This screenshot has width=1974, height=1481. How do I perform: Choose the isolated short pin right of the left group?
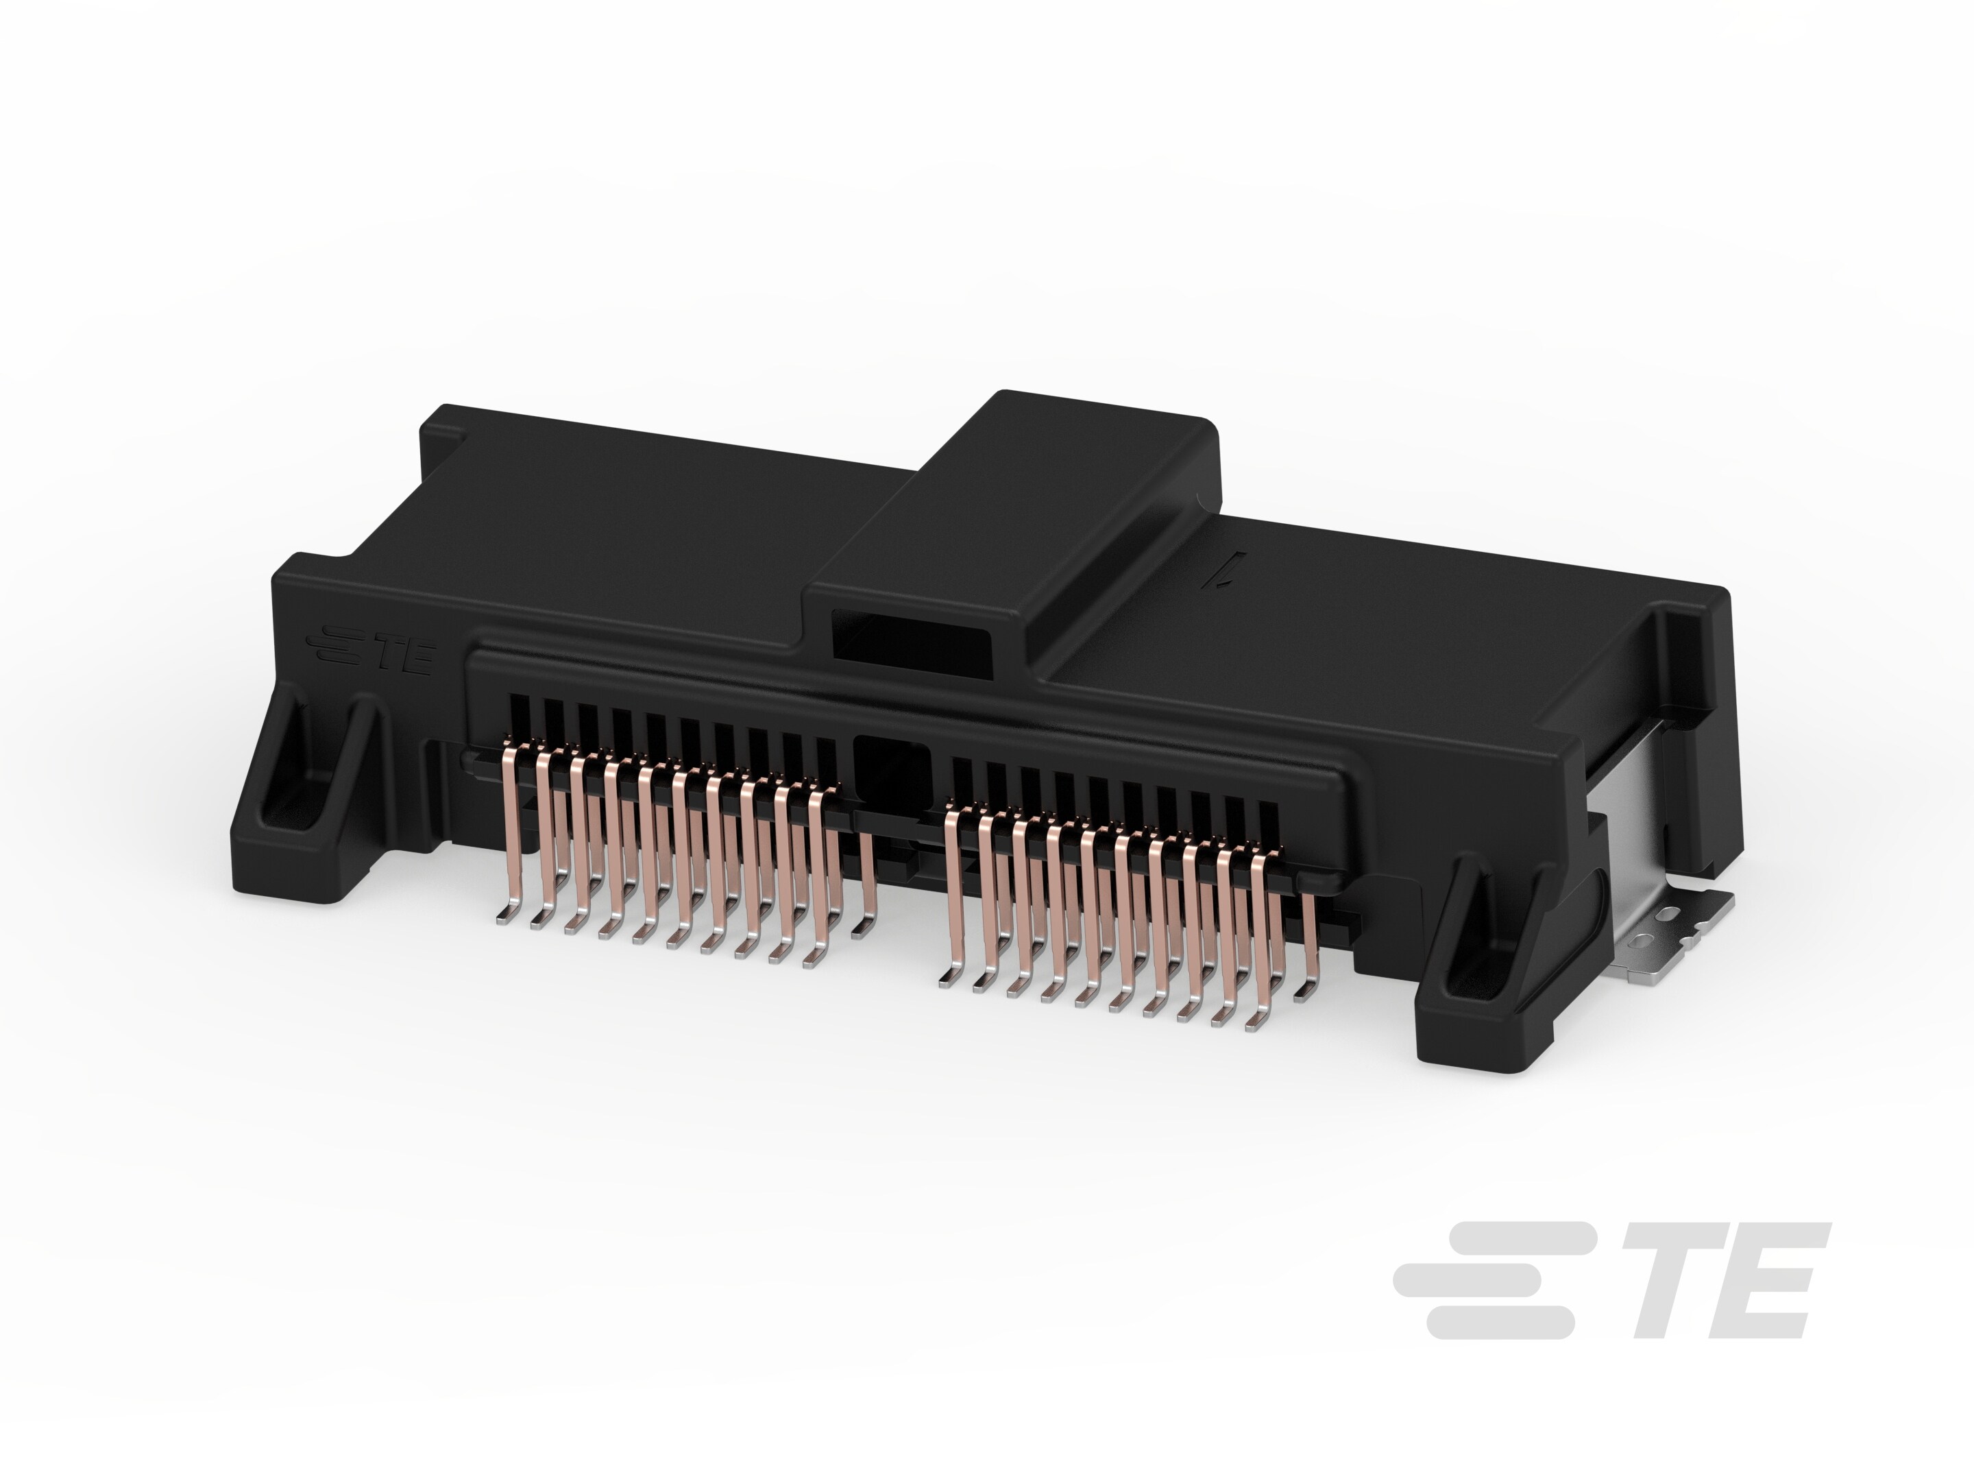click(866, 884)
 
